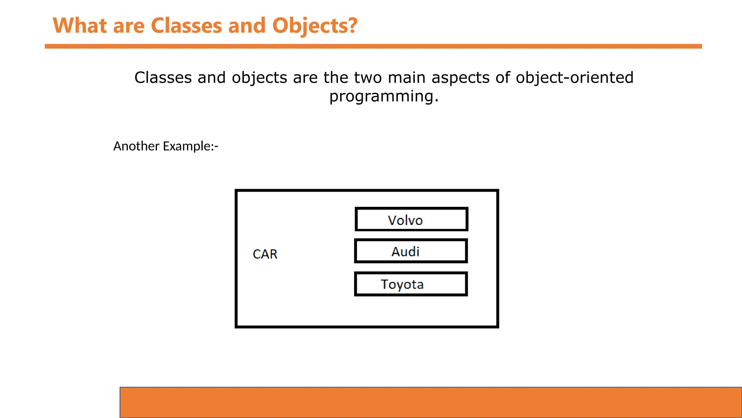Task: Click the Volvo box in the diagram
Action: (411, 219)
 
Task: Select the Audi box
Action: (411, 251)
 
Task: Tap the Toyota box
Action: (411, 284)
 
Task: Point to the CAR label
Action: (265, 254)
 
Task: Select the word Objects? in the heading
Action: (314, 26)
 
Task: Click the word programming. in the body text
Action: (384, 97)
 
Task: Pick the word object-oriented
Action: (574, 78)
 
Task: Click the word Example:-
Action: (191, 146)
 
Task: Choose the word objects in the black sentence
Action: (259, 78)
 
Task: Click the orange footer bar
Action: (430, 402)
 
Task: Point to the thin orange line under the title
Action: (373, 46)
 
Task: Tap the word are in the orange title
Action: (129, 26)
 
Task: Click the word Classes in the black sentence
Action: (163, 78)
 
